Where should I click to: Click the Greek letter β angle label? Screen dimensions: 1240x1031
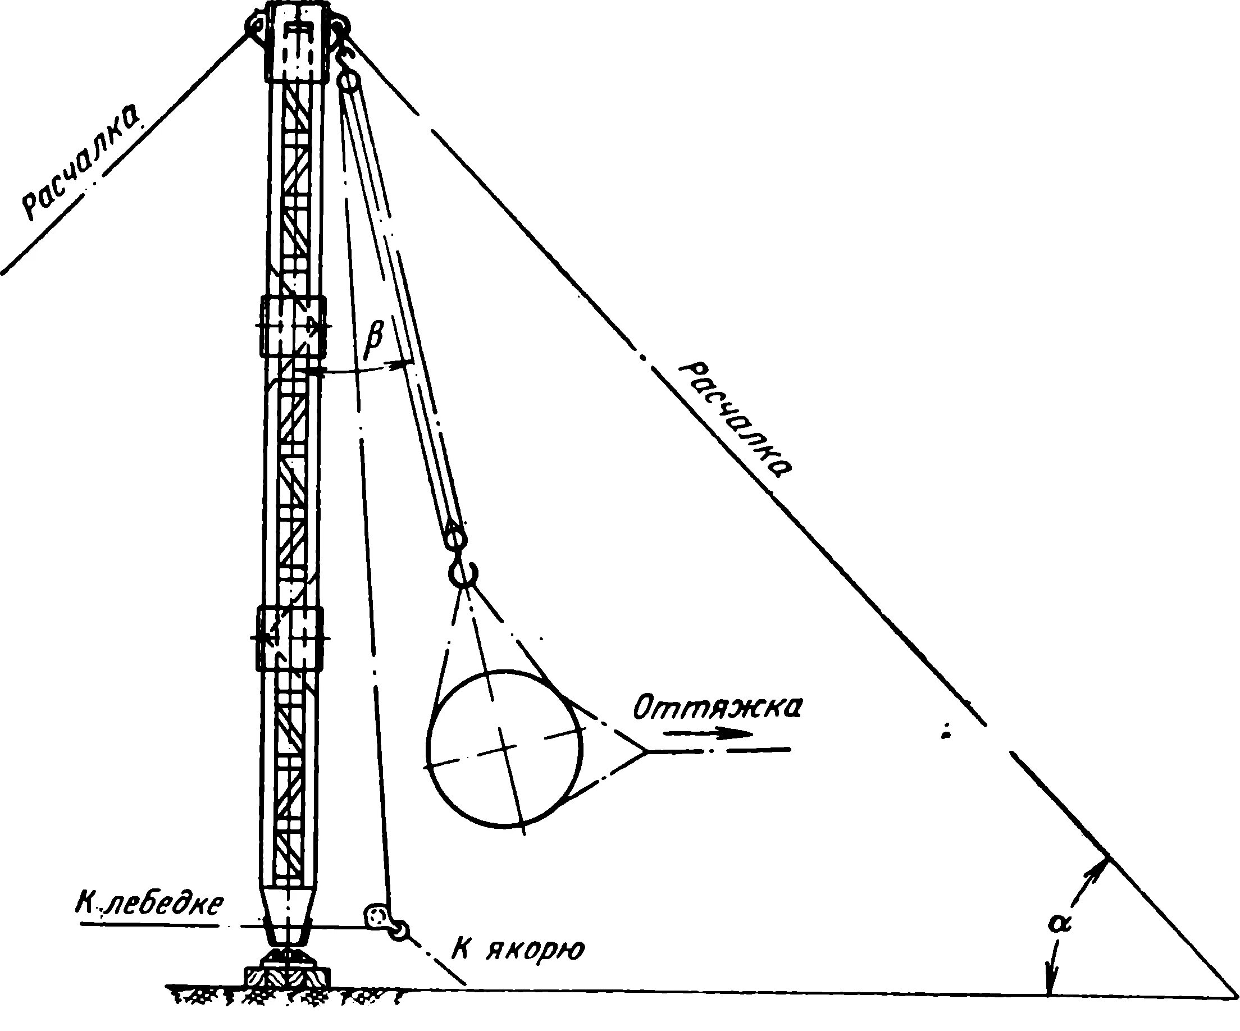coord(373,341)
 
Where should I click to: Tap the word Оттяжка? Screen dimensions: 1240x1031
coord(717,709)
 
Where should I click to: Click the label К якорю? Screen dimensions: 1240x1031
coord(518,951)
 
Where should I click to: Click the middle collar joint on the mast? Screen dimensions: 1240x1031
coord(293,327)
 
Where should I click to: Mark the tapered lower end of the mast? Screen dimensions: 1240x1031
coord(288,921)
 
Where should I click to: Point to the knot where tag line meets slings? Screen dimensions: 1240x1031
coord(646,751)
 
